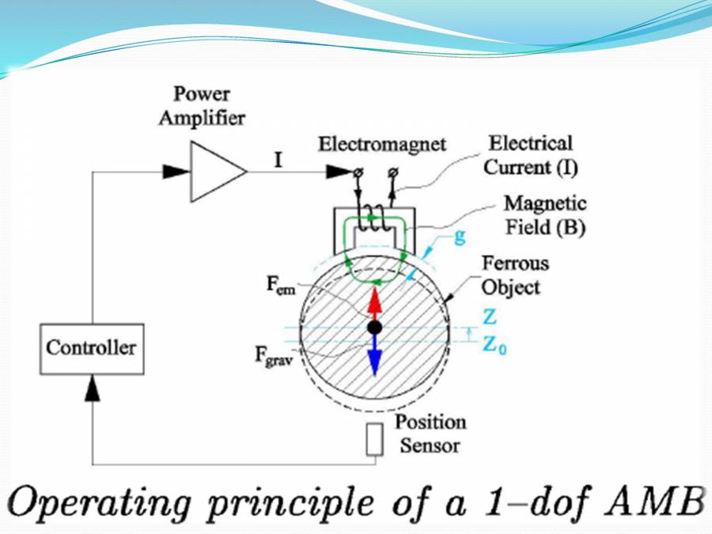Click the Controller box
pos(91,348)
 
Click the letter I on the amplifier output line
pos(278,161)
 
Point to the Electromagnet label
pos(382,145)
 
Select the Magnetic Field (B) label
pos(545,216)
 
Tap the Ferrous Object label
pos(515,275)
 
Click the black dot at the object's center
pos(375,327)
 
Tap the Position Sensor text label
pos(430,434)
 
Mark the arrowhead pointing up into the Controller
pos(92,388)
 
